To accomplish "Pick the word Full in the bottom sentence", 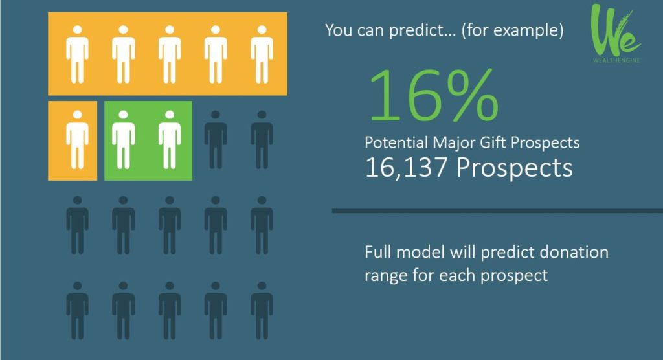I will click(x=377, y=252).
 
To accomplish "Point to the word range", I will click(x=387, y=275).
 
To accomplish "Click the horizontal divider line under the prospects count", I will click(x=497, y=210).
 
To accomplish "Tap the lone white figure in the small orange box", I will click(x=77, y=140).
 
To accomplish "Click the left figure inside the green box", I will click(x=124, y=140).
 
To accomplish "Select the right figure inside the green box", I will click(x=170, y=140).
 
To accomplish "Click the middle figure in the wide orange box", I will click(x=170, y=54).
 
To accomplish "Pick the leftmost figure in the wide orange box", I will click(x=77, y=54).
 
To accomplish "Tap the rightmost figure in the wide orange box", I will click(x=262, y=54).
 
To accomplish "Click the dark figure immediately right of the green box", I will click(x=216, y=140).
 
